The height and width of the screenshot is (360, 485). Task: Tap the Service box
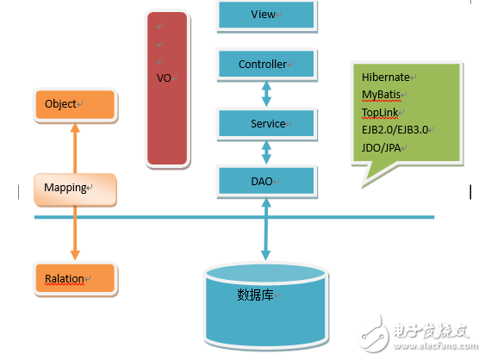click(267, 123)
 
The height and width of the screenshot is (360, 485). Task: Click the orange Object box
click(75, 105)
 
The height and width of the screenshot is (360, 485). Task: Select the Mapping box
click(74, 189)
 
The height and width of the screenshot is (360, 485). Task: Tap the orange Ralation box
click(74, 279)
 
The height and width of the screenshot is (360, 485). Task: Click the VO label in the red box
click(164, 78)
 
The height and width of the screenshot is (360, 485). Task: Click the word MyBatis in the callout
click(382, 94)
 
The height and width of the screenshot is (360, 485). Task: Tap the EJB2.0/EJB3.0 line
click(395, 129)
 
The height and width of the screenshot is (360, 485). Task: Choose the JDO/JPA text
click(381, 147)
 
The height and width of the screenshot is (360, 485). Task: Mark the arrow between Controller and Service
click(267, 93)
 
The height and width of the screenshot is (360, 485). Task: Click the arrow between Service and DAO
click(267, 152)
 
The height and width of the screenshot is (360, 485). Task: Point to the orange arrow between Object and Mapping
click(75, 147)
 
